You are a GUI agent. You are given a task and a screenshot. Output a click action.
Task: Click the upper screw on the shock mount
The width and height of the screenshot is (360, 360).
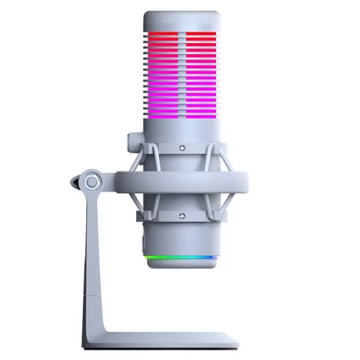[x=181, y=149]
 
